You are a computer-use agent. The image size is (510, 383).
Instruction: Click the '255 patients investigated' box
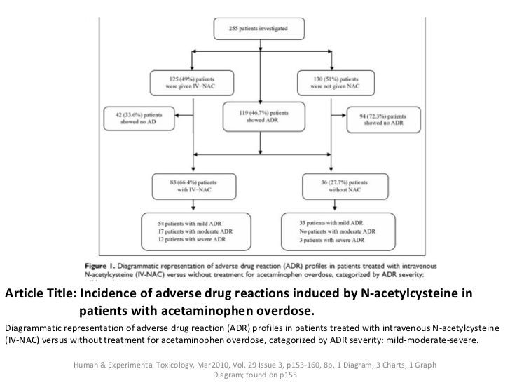click(257, 29)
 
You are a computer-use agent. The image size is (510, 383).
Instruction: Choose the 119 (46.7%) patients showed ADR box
click(257, 115)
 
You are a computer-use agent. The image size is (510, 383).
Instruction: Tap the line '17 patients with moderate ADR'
click(191, 231)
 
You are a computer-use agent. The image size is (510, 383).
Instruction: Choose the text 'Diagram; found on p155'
click(254, 374)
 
